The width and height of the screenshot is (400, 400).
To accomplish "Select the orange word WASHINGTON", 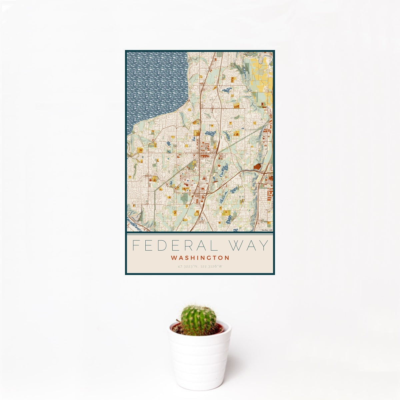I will coord(200,258).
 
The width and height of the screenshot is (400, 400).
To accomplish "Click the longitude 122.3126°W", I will coord(211,266).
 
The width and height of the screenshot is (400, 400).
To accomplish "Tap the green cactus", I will coord(198,320).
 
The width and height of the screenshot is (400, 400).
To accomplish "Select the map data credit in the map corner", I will coord(267,230).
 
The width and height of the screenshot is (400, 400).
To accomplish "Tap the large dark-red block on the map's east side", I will coord(257,166).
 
